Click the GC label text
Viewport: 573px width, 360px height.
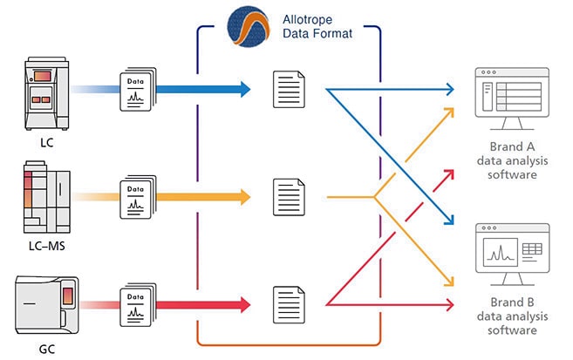click(41, 347)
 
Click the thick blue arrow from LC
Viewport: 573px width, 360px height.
click(203, 88)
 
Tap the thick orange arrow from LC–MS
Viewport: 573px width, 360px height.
click(203, 195)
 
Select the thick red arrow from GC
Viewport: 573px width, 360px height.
click(203, 304)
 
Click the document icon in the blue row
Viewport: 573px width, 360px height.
click(289, 88)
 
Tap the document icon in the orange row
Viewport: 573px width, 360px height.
click(289, 195)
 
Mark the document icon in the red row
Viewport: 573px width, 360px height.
click(289, 304)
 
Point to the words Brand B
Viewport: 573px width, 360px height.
click(508, 304)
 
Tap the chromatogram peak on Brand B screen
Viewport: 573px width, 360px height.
click(501, 253)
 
